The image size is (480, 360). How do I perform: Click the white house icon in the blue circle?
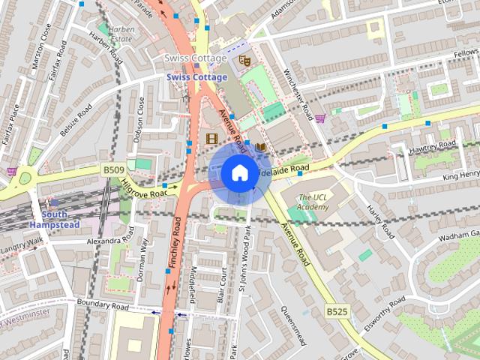[238, 173]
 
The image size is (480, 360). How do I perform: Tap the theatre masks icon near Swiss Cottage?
[243, 59]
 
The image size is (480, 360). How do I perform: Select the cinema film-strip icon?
[211, 138]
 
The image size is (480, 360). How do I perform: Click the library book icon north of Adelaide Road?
[260, 148]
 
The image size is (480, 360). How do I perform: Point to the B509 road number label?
[113, 171]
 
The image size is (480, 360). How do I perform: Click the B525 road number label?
[337, 310]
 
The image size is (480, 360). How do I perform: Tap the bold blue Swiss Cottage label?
[196, 77]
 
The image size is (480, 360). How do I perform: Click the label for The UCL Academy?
[313, 201]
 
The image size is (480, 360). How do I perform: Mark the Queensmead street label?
[293, 325]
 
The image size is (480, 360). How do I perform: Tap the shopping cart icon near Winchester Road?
[320, 118]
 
